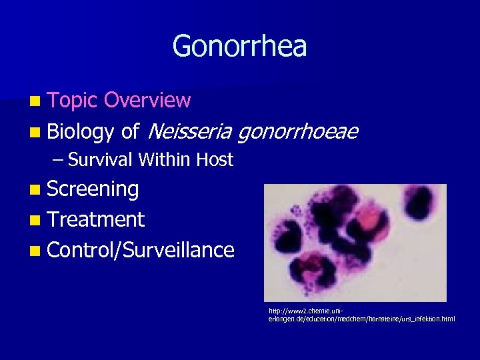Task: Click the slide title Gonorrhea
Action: coord(239,47)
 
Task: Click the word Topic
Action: coord(73,101)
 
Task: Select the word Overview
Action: coord(148,101)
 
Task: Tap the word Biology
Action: coord(81,132)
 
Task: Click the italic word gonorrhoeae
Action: coord(297,132)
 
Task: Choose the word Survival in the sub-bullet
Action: coord(101,160)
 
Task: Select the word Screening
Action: coord(93,190)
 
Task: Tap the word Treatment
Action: coord(95,219)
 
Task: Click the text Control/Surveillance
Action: coord(141,250)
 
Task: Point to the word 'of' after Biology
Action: coord(130,132)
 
